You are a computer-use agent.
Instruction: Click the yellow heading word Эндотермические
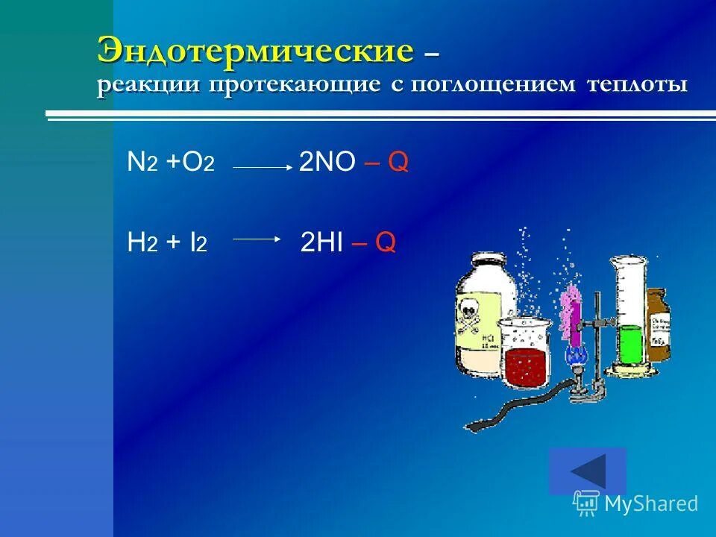254,51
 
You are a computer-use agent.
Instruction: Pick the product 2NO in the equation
327,163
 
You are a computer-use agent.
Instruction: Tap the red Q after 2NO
398,163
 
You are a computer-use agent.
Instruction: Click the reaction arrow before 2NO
263,168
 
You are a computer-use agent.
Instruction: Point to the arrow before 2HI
256,239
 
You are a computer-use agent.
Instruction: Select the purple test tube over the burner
572,310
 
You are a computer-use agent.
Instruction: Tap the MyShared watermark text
650,504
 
